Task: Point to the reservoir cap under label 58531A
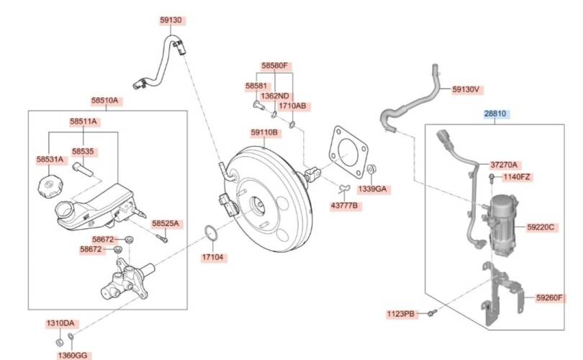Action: coord(50,185)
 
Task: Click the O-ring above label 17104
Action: coord(212,233)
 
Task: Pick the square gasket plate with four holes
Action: coord(348,153)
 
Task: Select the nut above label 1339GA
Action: coord(371,170)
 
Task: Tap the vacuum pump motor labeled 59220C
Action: coord(503,226)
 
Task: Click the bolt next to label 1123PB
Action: coord(432,312)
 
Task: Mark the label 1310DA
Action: coord(60,323)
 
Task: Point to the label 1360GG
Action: coord(73,355)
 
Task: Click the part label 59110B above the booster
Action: coord(264,132)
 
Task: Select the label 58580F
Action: coord(274,66)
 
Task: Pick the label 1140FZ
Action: coord(517,177)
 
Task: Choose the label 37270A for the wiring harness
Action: coord(504,164)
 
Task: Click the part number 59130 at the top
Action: coord(171,20)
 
